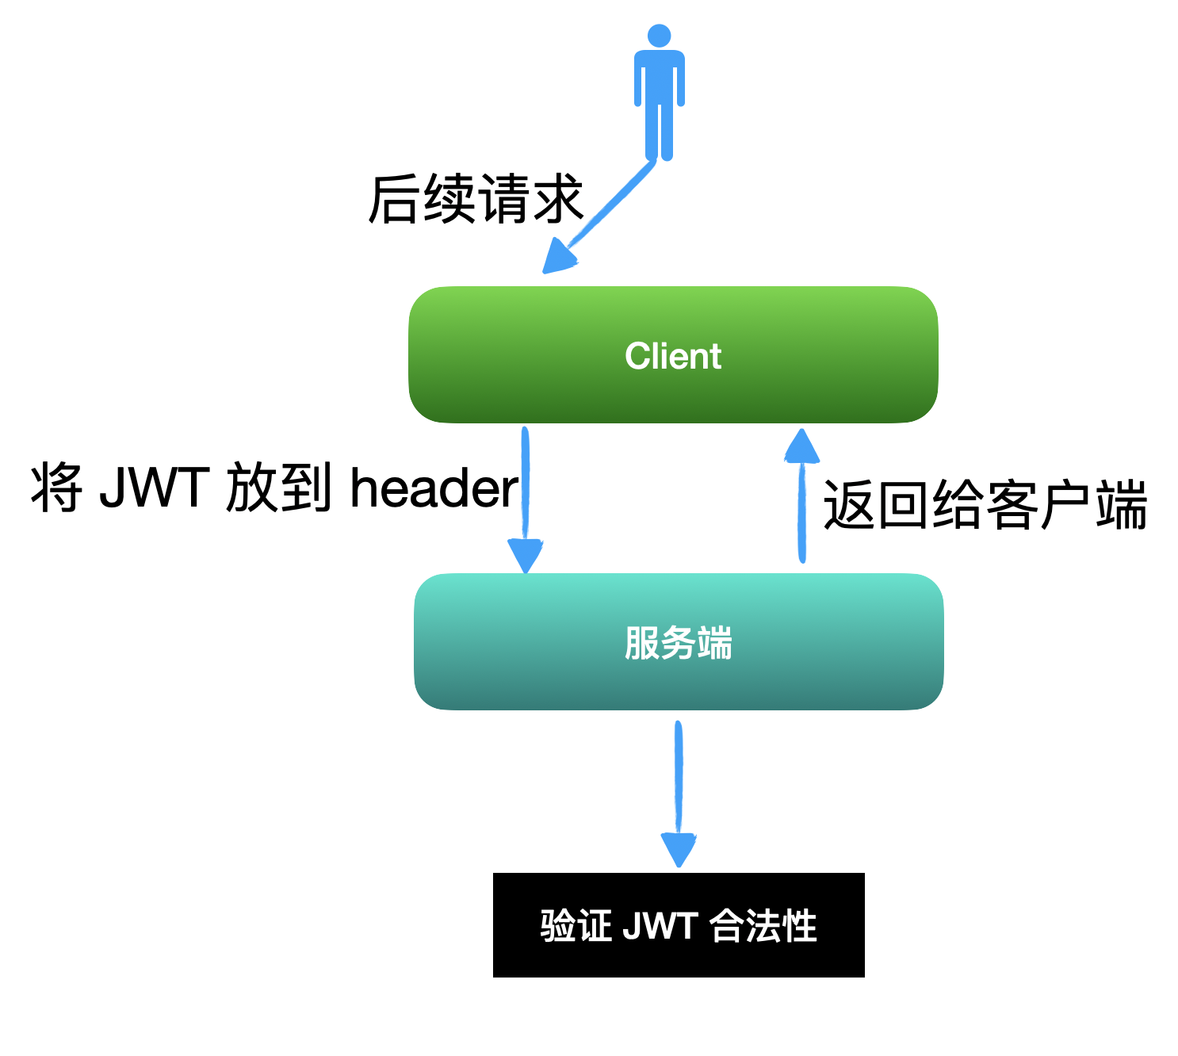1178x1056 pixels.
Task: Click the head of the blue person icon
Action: (x=659, y=36)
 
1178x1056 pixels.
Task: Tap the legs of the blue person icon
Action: (x=659, y=135)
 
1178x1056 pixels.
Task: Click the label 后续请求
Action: (x=476, y=200)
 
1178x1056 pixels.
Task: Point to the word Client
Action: (x=673, y=356)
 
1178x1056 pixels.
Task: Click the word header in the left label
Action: (x=434, y=488)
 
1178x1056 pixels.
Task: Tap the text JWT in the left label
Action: (x=155, y=488)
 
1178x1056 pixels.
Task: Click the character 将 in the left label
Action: (x=56, y=488)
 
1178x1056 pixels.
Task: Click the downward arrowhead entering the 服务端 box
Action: (x=525, y=554)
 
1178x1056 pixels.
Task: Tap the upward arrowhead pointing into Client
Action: (x=801, y=446)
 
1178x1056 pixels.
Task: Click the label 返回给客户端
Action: (x=985, y=505)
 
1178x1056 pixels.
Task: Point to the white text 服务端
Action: (x=678, y=642)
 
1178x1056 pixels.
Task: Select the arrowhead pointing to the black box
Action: (x=679, y=849)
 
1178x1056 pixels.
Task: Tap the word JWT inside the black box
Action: (x=660, y=925)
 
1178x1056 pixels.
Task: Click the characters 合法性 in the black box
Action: (x=763, y=925)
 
